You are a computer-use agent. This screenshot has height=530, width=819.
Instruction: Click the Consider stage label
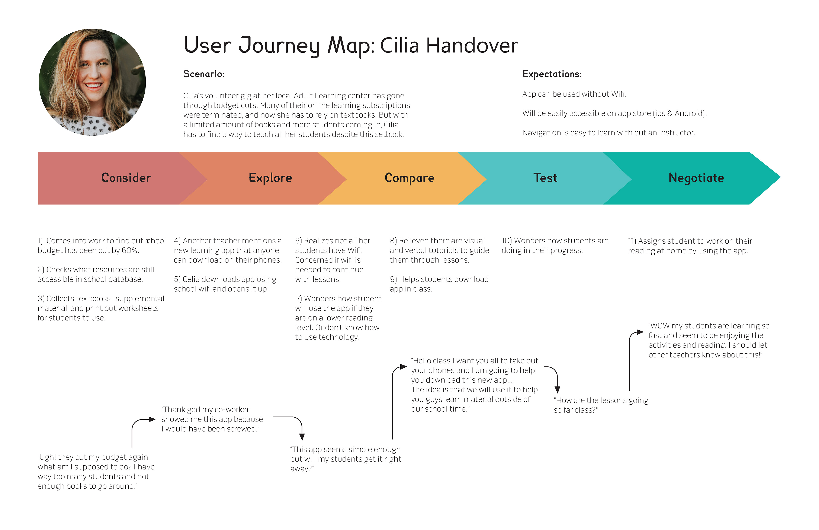tap(126, 178)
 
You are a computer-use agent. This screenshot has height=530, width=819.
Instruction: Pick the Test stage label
tap(545, 178)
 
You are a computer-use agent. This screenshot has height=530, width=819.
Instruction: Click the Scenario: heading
tap(204, 74)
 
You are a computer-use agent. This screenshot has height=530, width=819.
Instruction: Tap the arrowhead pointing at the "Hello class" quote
tap(404, 367)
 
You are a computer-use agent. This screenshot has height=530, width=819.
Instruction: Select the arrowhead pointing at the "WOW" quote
tap(640, 332)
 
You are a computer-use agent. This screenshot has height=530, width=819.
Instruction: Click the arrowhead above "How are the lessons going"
tap(558, 390)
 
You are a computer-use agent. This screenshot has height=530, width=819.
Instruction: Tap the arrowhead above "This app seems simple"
tap(302, 437)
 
